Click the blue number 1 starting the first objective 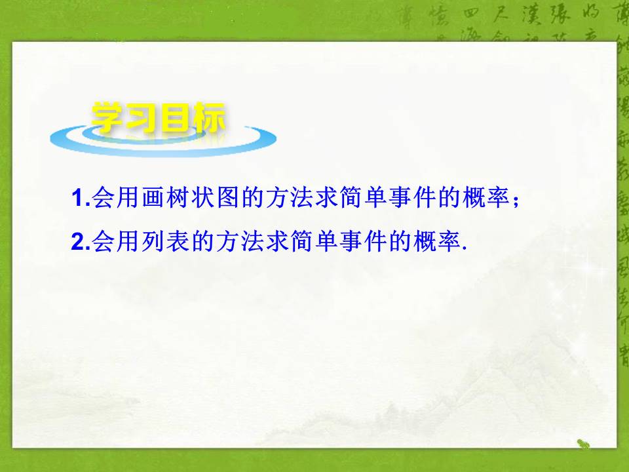tap(77, 197)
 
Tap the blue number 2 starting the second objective tap(77, 241)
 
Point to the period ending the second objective tap(464, 248)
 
